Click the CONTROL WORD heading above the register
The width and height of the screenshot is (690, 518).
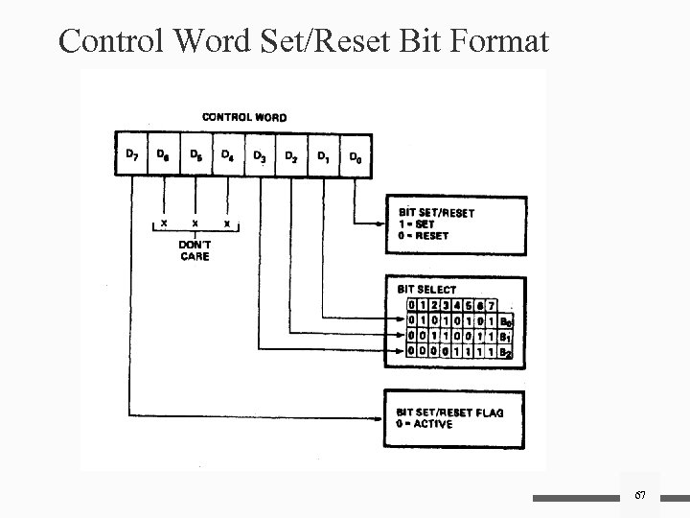(x=243, y=118)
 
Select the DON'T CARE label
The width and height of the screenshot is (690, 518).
(x=195, y=251)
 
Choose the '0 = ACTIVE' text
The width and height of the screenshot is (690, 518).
(x=425, y=424)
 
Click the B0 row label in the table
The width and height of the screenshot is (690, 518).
(x=507, y=320)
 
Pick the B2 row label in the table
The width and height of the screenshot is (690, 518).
(x=507, y=353)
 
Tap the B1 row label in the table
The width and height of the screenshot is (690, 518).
(x=507, y=337)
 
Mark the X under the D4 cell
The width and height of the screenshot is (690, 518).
(x=227, y=223)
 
